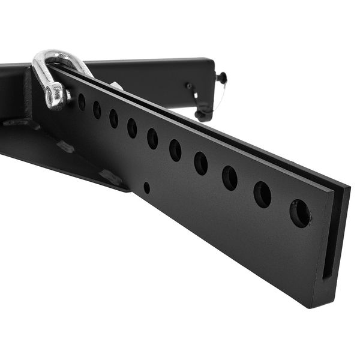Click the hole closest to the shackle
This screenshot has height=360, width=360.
[82, 102]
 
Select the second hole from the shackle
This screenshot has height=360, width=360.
[97, 110]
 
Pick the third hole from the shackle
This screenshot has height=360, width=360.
[113, 118]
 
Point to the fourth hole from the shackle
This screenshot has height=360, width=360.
[132, 128]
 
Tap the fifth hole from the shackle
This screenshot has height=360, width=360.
[152, 139]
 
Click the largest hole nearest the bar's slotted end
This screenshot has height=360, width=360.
[300, 213]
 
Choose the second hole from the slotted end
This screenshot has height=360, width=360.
[262, 194]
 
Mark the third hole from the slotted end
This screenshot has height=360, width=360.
[230, 178]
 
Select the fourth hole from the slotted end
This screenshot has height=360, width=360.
[200, 163]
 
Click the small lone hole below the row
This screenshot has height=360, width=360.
[146, 187]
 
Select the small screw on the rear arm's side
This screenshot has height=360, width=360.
[189, 86]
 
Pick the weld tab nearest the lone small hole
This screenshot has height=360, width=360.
[111, 177]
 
